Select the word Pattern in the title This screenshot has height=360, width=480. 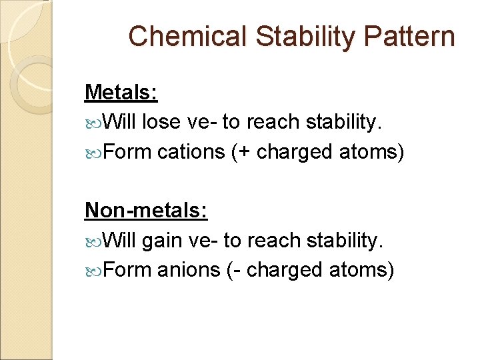[x=409, y=37]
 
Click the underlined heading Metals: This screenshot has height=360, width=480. [x=121, y=92]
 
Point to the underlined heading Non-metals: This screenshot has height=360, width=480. [x=147, y=211]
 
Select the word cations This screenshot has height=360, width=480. [x=191, y=152]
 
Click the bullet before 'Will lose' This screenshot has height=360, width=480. [x=93, y=123]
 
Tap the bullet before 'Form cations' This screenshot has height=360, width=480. [x=93, y=153]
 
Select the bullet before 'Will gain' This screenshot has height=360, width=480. [x=93, y=241]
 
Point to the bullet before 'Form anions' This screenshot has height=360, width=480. [x=93, y=271]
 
